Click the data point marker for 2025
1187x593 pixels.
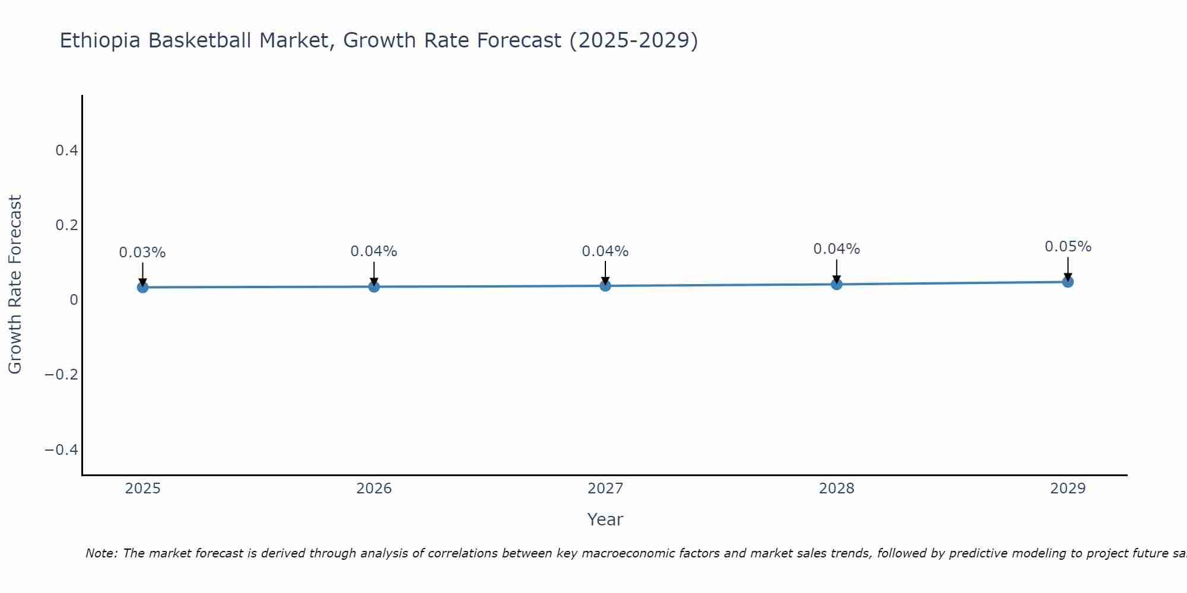point(142,287)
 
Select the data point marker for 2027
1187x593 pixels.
point(605,286)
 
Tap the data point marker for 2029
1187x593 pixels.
point(1068,282)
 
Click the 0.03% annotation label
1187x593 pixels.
point(142,253)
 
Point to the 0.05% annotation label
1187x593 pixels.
point(1068,247)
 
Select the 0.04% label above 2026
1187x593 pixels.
point(374,251)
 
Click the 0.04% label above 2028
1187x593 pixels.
point(836,249)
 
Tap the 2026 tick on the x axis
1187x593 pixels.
point(374,489)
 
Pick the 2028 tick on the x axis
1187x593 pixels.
point(836,489)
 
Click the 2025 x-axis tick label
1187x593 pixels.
point(143,489)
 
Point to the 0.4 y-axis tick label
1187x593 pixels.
point(66,151)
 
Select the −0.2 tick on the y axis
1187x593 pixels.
point(62,375)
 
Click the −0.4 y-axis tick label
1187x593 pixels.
point(62,449)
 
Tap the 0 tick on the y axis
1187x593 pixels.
point(74,300)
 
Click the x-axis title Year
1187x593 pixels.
point(605,520)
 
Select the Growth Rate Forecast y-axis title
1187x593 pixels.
point(15,285)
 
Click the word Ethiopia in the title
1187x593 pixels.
point(100,41)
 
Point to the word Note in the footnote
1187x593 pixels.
point(101,553)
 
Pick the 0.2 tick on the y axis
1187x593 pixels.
point(66,225)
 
